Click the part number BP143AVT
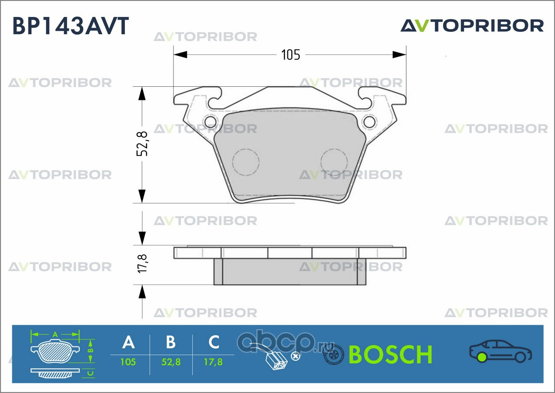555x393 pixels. [x=71, y=26]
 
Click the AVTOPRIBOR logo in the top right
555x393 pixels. [x=472, y=26]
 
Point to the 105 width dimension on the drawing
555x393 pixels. [x=291, y=55]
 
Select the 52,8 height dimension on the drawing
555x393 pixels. [x=142, y=144]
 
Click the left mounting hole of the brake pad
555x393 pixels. [x=210, y=121]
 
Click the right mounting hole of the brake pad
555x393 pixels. [x=370, y=121]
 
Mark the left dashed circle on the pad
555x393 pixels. [x=245, y=162]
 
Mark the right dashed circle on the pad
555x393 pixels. [x=334, y=162]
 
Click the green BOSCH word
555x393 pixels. [x=390, y=355]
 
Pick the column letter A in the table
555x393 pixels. [x=128, y=342]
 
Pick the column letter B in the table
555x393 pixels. [x=171, y=342]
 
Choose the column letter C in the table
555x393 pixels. [x=214, y=342]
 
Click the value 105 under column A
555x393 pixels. [x=128, y=362]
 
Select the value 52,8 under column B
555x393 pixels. [x=170, y=362]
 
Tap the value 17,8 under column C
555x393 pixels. [x=213, y=362]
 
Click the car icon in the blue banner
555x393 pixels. [x=500, y=351]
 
